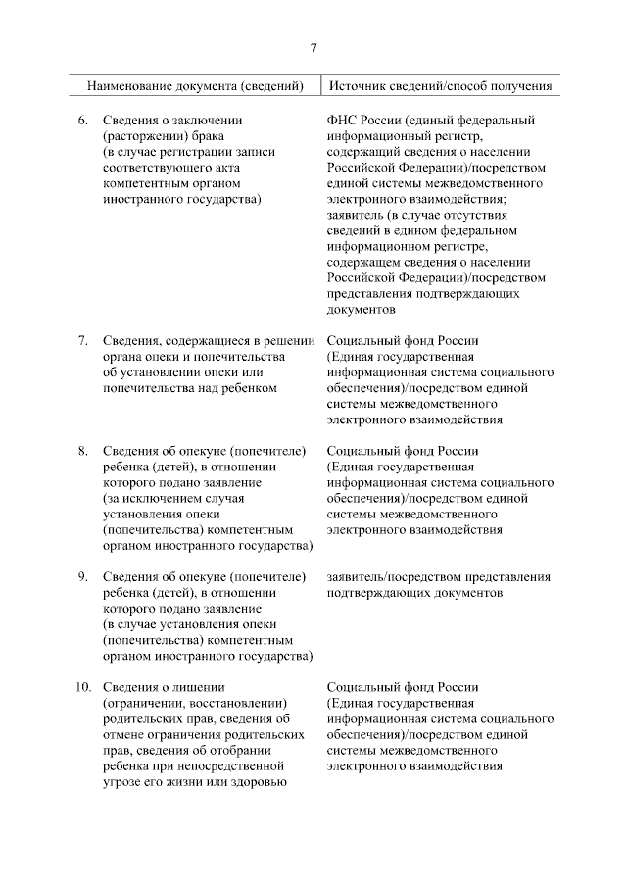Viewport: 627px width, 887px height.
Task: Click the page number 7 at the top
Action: click(313, 49)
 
